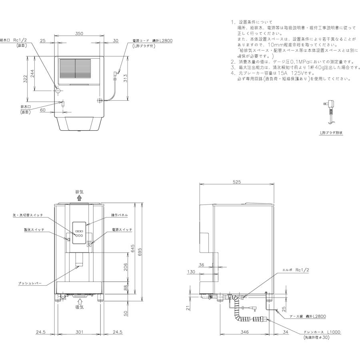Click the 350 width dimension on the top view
coord(79,34)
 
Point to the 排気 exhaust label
coord(80,192)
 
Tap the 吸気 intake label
coord(80,307)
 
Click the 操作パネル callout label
coord(119,215)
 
